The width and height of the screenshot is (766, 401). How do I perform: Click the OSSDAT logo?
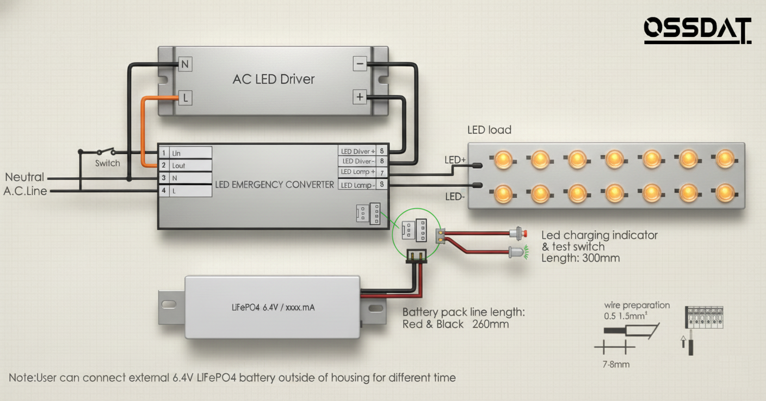697,31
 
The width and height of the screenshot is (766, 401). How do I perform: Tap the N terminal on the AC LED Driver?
185,64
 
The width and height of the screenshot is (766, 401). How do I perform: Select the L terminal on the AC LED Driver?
185,98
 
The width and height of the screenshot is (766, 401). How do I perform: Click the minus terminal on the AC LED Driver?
360,64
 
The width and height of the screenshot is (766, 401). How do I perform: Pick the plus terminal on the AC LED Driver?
360,98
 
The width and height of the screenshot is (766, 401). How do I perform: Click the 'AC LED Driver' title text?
274,79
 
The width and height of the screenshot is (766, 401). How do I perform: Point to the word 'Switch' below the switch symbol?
107,163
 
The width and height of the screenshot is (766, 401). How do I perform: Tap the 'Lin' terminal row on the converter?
186,153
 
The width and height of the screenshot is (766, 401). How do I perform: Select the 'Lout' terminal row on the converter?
186,166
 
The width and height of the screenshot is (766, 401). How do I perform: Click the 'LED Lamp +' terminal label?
357,172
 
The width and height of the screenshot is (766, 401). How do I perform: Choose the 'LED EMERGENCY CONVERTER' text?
274,185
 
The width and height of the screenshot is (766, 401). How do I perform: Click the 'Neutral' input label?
24,177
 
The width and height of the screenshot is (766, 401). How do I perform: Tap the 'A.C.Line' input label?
26,191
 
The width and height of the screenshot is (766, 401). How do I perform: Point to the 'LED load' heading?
489,130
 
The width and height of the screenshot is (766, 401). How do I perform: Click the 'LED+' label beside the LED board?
455,160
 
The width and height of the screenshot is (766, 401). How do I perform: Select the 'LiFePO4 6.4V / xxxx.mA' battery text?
273,307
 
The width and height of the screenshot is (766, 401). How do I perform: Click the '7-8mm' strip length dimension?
616,364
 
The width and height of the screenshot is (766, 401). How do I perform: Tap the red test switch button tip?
525,234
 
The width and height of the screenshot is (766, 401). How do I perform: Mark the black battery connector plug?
416,256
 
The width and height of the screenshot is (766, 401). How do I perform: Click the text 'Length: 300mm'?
580,258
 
